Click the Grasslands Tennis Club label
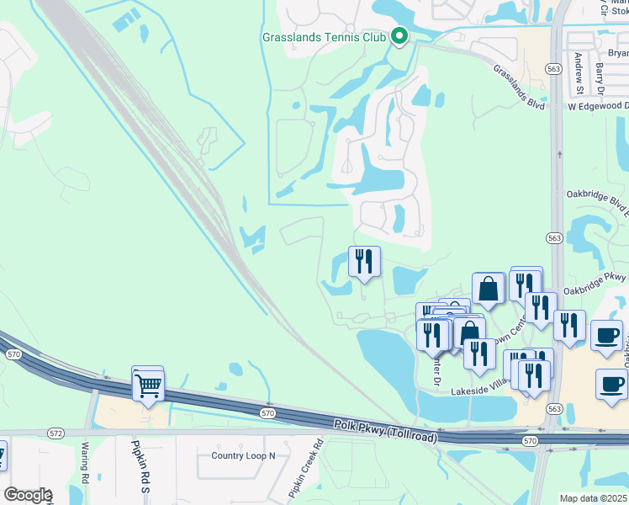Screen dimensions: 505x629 324,38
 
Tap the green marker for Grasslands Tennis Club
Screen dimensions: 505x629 399,36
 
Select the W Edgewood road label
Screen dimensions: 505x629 598,106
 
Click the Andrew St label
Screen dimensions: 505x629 579,72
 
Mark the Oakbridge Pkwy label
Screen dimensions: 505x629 595,277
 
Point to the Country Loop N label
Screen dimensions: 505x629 243,456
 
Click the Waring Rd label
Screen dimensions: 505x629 85,464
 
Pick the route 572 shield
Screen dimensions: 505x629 55,433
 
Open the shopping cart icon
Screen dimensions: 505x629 149,386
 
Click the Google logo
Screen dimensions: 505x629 27,495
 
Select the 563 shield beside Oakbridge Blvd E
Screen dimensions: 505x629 555,240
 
